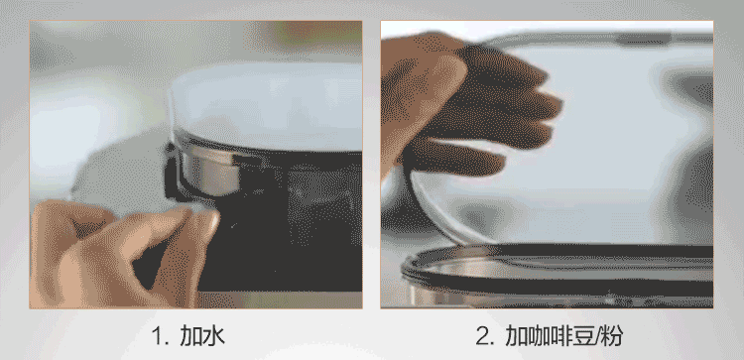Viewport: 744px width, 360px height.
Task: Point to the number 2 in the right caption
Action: (x=482, y=336)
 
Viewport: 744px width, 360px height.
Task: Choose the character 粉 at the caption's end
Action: (x=612, y=336)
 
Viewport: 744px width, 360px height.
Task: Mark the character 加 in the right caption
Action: (x=516, y=336)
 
